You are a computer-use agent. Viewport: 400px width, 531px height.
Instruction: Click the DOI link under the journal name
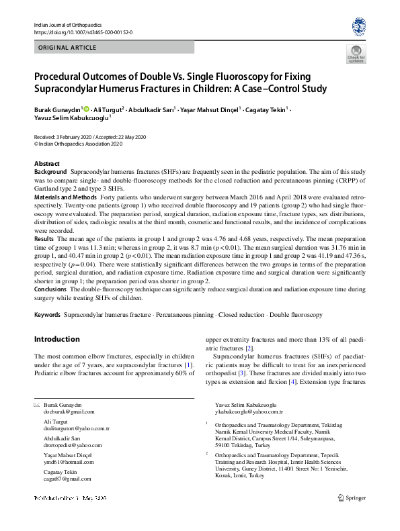83,32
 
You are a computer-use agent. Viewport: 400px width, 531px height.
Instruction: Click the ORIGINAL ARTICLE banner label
68,48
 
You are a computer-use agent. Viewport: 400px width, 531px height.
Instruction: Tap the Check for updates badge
356,54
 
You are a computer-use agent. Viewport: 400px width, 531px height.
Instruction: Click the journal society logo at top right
359,27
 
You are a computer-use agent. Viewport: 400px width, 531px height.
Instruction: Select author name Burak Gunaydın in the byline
58,109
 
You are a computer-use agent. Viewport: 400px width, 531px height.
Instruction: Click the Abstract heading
46,164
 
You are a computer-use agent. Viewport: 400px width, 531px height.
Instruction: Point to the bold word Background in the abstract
50,173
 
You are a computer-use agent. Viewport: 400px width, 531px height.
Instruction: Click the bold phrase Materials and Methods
65,198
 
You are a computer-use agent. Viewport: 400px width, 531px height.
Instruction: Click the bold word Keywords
48,314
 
